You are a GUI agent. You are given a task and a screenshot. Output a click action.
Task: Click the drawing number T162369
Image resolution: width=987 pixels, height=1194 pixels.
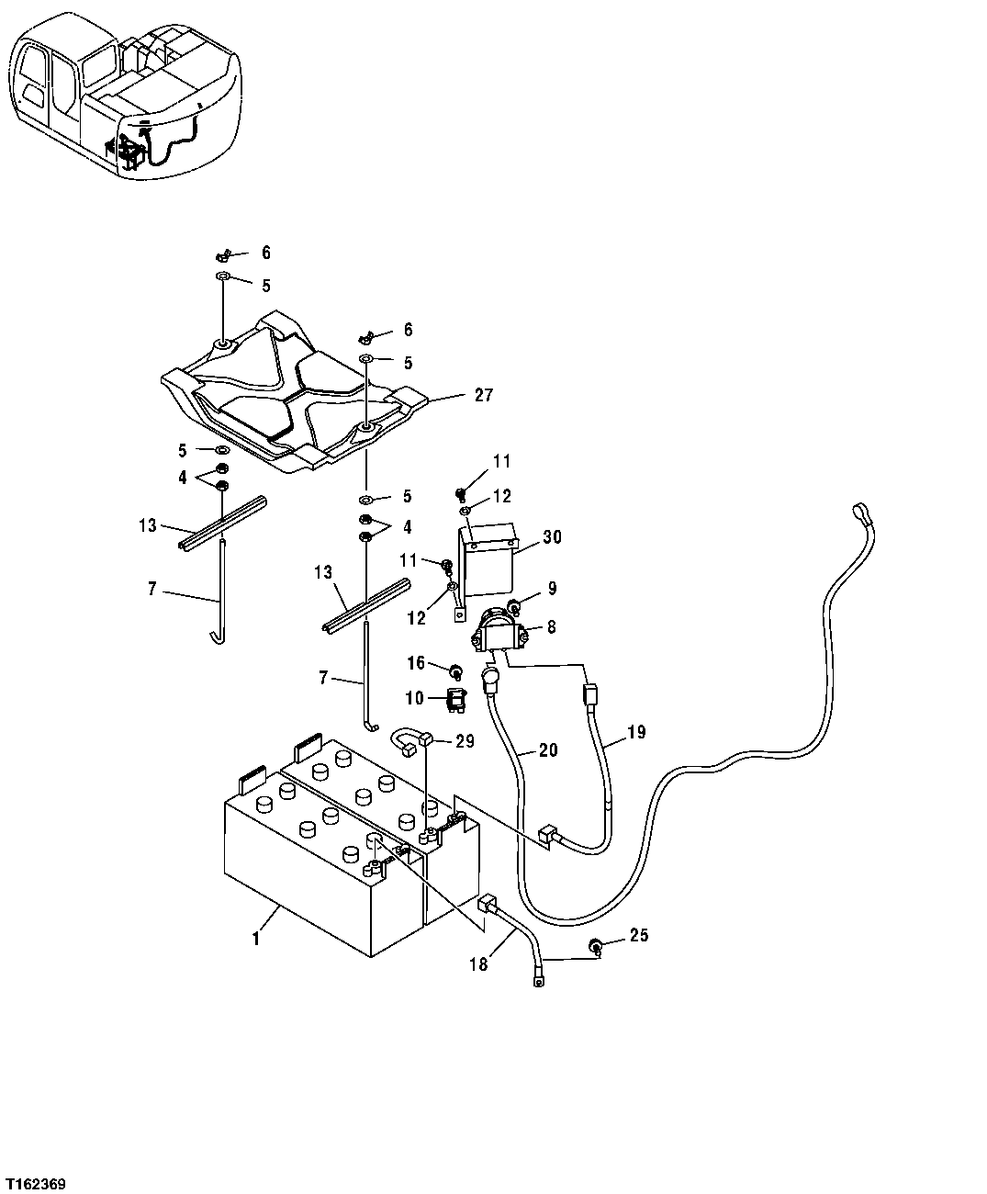(35, 1185)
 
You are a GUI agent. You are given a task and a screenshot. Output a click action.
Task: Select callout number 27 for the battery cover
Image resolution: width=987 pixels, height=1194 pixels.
(484, 396)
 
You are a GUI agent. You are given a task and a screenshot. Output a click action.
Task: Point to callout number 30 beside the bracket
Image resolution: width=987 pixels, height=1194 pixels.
(553, 536)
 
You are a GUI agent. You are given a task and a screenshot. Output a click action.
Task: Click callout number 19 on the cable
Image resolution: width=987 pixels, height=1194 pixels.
(637, 732)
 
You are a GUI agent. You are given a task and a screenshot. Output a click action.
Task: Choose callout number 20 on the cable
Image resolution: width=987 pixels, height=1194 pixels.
(547, 750)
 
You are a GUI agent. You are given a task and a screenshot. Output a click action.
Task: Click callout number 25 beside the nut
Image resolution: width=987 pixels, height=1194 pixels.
(639, 937)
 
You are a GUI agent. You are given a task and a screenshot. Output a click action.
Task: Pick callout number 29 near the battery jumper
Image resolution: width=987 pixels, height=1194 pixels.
(465, 741)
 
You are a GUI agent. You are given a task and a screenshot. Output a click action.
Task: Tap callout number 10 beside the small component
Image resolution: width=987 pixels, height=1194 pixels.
(414, 699)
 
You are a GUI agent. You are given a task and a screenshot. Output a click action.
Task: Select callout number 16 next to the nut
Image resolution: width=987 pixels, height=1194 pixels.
(416, 662)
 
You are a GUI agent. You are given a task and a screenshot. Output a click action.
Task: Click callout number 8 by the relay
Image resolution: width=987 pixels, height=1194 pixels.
(552, 627)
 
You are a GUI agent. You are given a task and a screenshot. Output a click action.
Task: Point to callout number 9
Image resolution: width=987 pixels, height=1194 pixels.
(552, 589)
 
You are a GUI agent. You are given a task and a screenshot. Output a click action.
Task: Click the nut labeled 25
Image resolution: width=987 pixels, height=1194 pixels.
(596, 946)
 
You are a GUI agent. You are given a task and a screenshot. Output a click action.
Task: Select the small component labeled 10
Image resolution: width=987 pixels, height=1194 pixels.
(456, 701)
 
